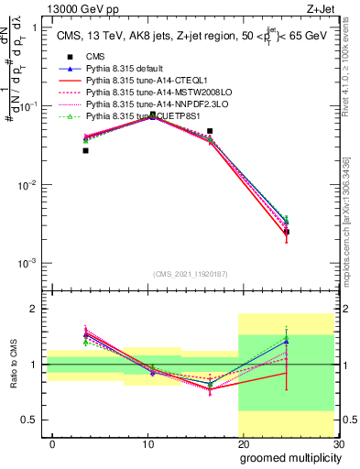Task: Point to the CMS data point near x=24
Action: coord(287,232)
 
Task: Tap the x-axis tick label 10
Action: coord(147,444)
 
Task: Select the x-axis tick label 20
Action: coord(242,444)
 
